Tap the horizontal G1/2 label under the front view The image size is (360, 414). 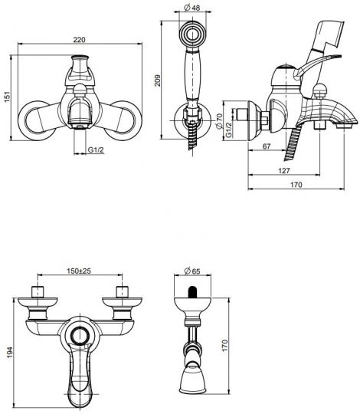95,151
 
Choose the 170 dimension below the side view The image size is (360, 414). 295,186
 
